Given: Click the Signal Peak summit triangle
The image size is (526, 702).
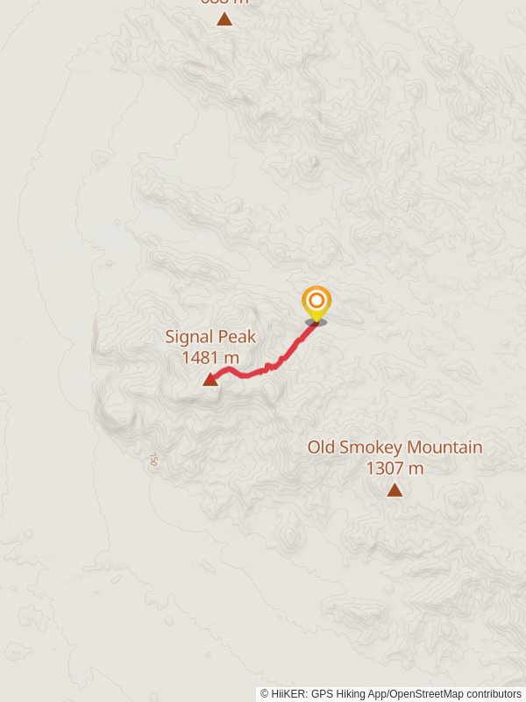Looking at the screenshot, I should click(210, 379).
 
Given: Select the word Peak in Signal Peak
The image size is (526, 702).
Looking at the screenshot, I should click(236, 337).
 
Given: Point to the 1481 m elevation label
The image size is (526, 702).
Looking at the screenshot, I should click(210, 357).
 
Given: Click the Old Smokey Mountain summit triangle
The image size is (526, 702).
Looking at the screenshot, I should click(394, 490).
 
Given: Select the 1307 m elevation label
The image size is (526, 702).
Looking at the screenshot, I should click(394, 469).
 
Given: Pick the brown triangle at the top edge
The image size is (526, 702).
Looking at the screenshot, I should click(224, 18).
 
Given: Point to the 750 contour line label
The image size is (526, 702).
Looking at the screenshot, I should click(154, 459).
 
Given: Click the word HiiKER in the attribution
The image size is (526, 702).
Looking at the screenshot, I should click(289, 694).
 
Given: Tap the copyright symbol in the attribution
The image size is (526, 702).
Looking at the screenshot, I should click(265, 694).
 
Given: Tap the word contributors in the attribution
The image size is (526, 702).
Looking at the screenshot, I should click(494, 694).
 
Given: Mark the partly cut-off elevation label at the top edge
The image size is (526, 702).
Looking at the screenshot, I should click(224, 2).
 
